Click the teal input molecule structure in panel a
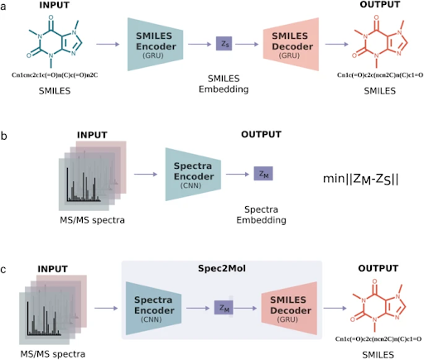[54, 46]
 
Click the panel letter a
[6, 7]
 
